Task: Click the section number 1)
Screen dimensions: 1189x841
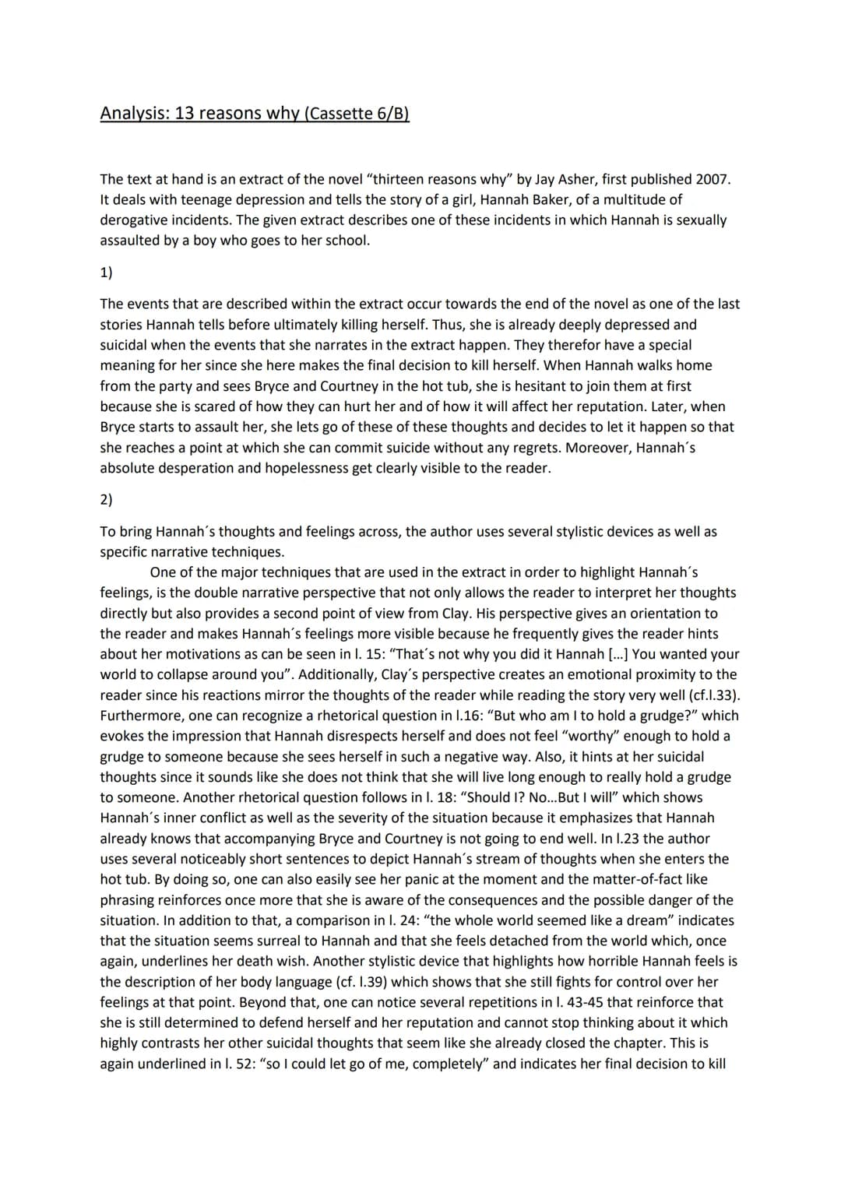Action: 106,273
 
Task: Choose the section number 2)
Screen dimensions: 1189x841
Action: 106,499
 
